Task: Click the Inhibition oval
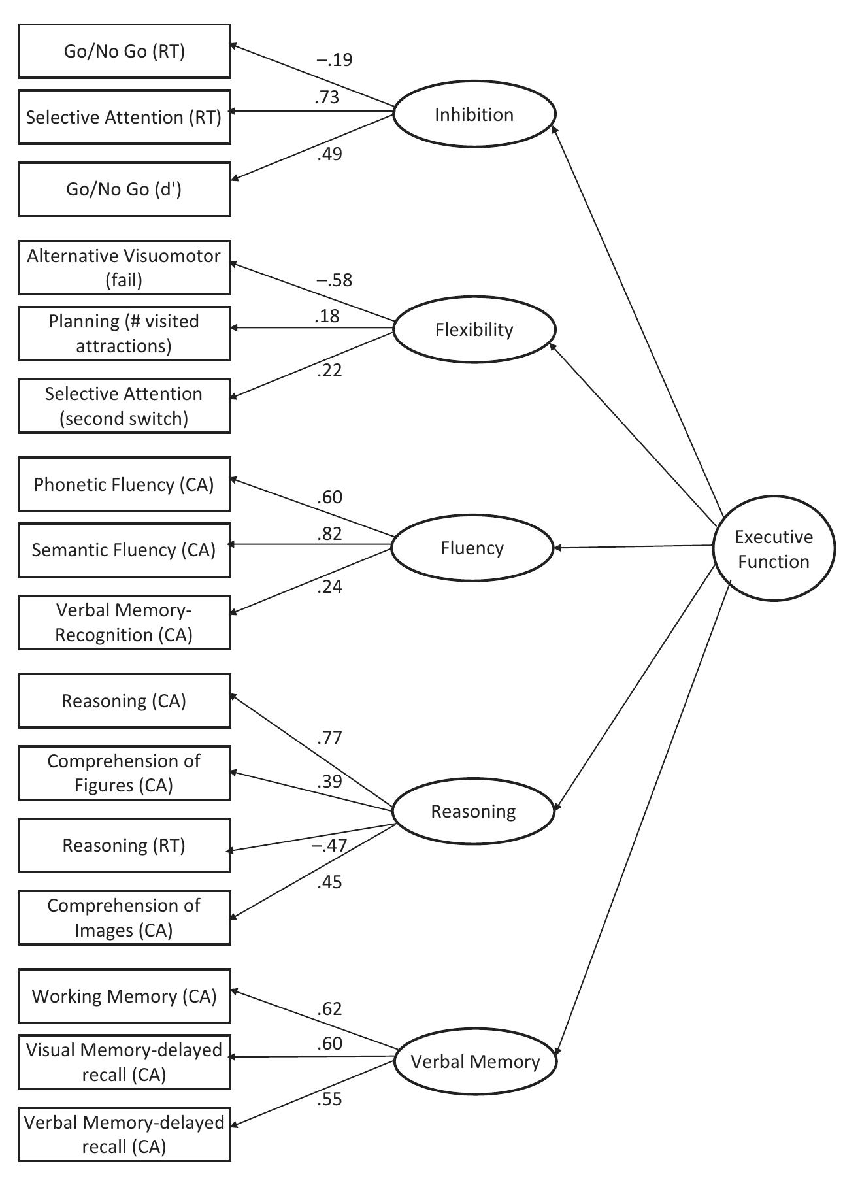(474, 114)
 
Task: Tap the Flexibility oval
(474, 329)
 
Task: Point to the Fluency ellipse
(472, 548)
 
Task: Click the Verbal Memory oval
(475, 1061)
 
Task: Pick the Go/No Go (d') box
(124, 190)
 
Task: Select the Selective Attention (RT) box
(124, 118)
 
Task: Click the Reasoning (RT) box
(124, 846)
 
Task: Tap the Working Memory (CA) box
(124, 996)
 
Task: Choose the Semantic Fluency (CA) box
(124, 550)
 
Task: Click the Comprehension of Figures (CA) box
(124, 773)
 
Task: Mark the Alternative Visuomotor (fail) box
(124, 267)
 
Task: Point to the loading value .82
(329, 534)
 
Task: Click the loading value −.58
(334, 280)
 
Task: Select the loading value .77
(329, 738)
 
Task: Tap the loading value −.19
(334, 60)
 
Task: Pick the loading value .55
(329, 1099)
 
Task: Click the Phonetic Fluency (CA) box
(124, 484)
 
